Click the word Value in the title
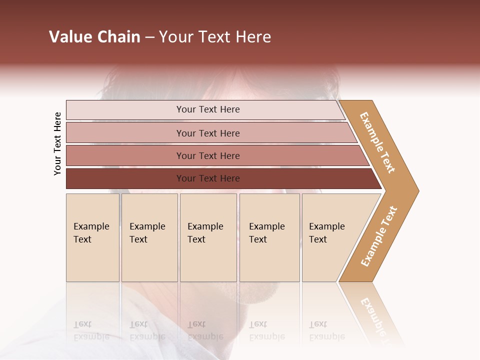(69, 37)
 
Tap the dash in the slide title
(149, 37)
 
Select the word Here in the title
(253, 37)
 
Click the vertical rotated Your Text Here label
(57, 144)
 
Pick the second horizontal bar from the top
(207, 133)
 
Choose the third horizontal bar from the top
(207, 155)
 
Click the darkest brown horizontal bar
(207, 178)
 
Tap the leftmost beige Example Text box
(92, 237)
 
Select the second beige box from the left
(149, 237)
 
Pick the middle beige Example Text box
(208, 237)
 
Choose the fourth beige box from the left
(269, 237)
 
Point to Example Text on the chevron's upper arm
(377, 142)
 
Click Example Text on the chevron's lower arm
(379, 236)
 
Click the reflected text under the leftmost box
(91, 330)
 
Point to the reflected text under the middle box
(205, 330)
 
